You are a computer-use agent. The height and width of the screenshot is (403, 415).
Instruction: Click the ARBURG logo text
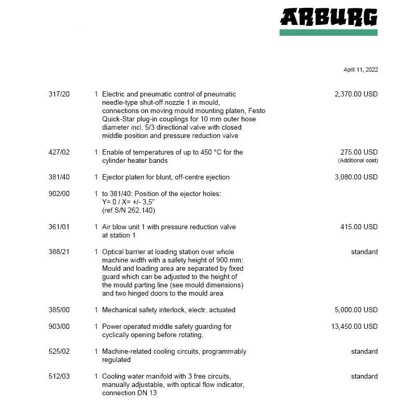tap(328, 17)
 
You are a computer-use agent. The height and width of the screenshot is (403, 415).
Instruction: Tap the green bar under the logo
tap(328, 32)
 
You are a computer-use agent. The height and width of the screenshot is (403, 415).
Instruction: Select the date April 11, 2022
tap(361, 70)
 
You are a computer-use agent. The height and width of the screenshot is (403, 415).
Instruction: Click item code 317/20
tap(59, 94)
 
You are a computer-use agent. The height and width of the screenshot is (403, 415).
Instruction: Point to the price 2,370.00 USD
tap(356, 94)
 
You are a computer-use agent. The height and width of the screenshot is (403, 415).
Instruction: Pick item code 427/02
tap(59, 152)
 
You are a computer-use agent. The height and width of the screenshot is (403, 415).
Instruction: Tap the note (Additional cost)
tap(358, 160)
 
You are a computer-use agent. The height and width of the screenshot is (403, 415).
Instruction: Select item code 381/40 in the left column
tap(59, 177)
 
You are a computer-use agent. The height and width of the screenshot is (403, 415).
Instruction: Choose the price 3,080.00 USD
tap(356, 177)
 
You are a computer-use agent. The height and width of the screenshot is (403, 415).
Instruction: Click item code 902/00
tap(59, 194)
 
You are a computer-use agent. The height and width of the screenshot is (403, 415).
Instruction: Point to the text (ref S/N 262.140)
tap(129, 210)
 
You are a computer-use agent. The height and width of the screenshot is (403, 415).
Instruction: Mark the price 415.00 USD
tap(359, 227)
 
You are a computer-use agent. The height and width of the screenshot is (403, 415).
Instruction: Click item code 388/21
tap(59, 252)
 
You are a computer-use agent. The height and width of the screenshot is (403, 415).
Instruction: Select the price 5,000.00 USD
tap(356, 310)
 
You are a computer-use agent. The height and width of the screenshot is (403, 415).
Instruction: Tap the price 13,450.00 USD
tap(354, 327)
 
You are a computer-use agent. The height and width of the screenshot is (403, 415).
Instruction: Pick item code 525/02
tap(59, 352)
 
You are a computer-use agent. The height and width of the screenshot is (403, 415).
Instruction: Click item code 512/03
tap(59, 377)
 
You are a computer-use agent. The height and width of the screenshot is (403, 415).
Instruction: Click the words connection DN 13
tap(129, 393)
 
